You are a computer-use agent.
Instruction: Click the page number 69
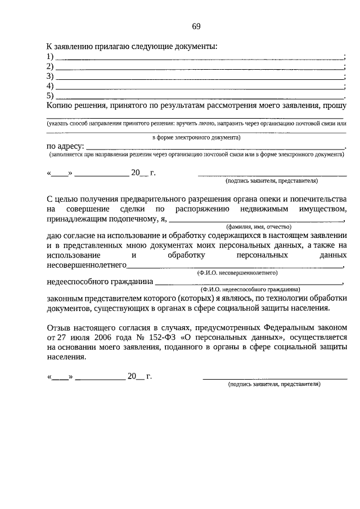pos(196,26)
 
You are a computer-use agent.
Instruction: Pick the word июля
pos(73,337)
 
